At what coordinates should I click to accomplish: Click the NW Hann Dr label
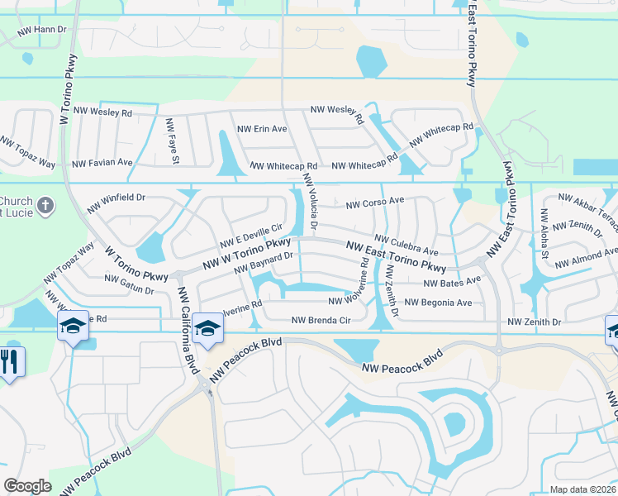point(42,29)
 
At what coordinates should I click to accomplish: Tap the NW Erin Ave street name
point(262,130)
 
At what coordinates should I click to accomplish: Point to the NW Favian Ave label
point(102,163)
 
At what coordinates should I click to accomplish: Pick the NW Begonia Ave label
point(438,303)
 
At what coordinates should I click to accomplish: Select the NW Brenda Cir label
point(321,320)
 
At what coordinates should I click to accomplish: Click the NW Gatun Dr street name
point(129,286)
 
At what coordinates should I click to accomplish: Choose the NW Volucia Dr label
point(311,203)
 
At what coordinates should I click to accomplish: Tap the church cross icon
point(46,203)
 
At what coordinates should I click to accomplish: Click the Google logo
point(27,485)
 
